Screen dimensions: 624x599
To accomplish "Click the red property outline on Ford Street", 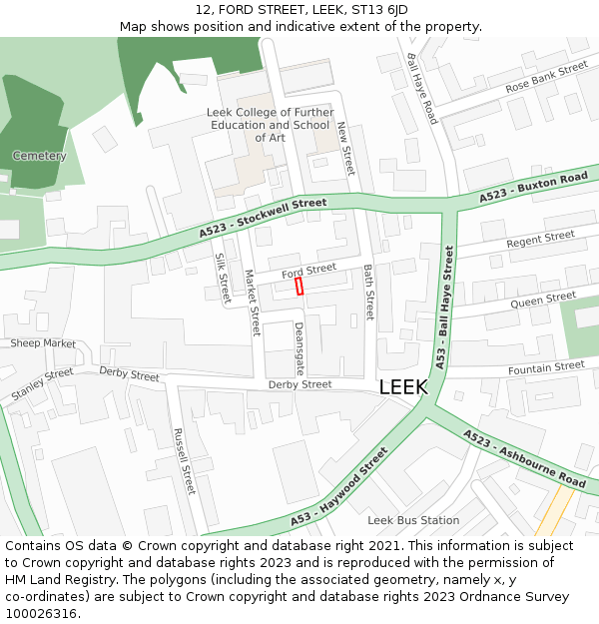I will [299, 287].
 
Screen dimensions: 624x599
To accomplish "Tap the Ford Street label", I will [308, 271].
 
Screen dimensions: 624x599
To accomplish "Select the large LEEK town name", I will [403, 387].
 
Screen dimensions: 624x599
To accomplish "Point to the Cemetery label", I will [39, 156].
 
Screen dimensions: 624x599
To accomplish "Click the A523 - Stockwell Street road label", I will [263, 217].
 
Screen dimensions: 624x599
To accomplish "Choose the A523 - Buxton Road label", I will [533, 188].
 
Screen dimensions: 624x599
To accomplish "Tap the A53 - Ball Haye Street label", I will [442, 304].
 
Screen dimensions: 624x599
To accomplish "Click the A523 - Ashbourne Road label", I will [524, 460].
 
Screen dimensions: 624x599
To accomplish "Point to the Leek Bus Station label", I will [413, 520].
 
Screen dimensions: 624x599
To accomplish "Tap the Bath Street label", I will [367, 292].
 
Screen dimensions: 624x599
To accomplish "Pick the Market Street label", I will [253, 302].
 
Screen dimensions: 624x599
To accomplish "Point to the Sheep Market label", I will [43, 343].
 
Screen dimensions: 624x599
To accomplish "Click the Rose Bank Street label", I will [546, 79].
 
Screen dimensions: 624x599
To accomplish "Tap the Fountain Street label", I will [546, 368].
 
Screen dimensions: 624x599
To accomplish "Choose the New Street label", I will [345, 149].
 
